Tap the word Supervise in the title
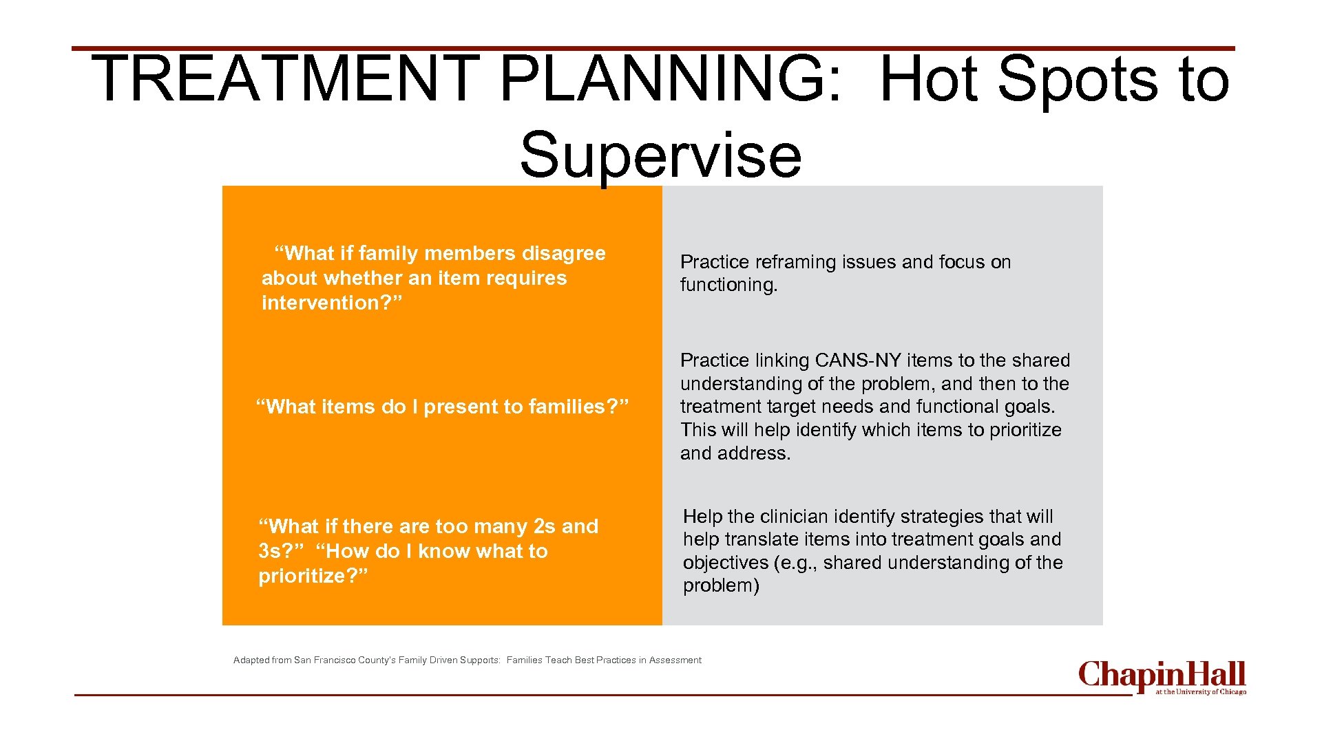[x=660, y=155]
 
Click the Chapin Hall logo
[x=1162, y=677]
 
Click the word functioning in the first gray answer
[x=728, y=285]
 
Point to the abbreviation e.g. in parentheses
[x=797, y=563]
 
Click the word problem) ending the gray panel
[x=721, y=585]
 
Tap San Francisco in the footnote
[x=324, y=660]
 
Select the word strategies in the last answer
[x=942, y=517]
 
